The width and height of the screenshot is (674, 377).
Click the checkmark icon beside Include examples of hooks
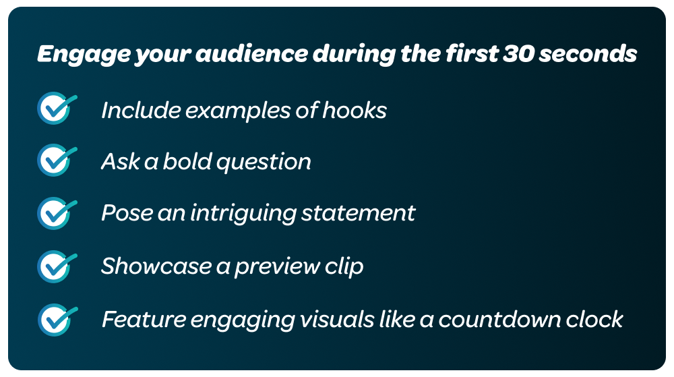pyautogui.click(x=56, y=109)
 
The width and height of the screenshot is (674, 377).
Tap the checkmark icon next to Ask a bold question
pyautogui.click(x=56, y=161)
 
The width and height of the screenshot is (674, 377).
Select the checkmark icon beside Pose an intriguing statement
pyautogui.click(x=56, y=212)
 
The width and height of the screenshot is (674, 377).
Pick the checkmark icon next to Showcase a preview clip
pyautogui.click(x=56, y=266)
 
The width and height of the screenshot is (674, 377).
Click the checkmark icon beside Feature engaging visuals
pyautogui.click(x=56, y=318)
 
